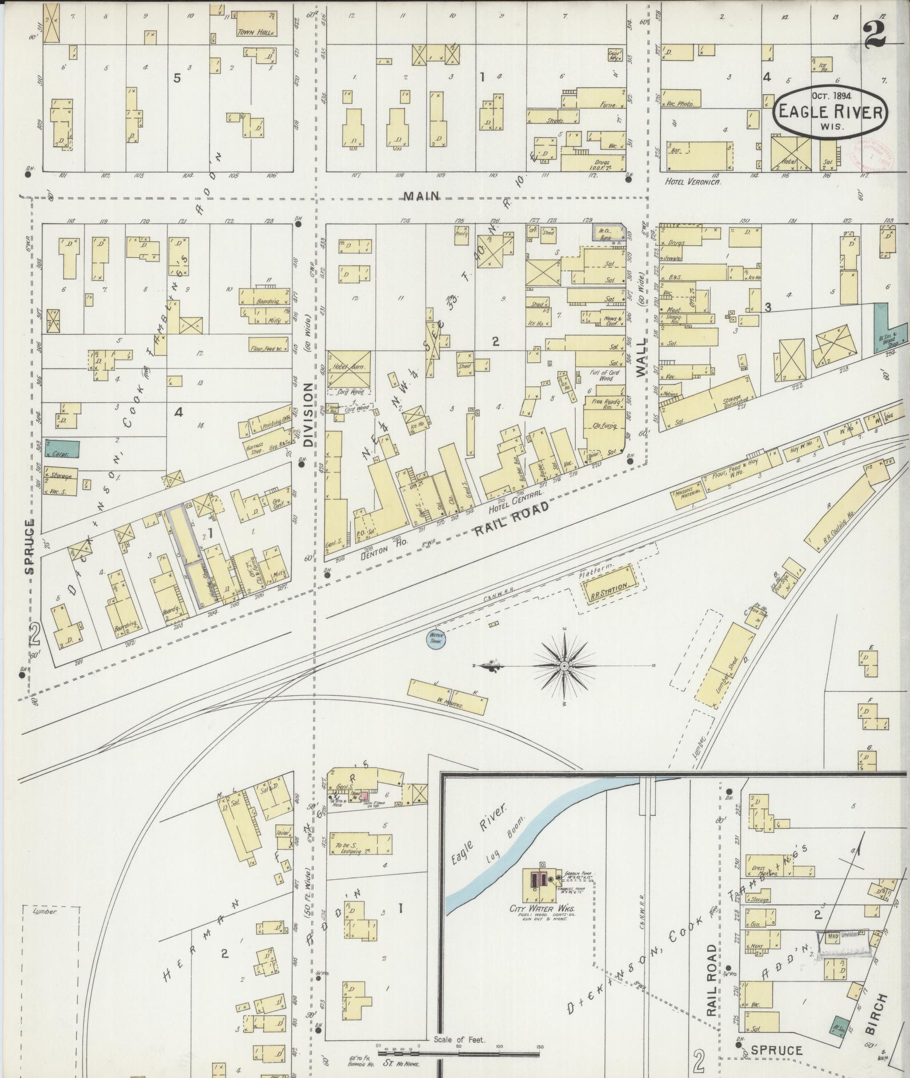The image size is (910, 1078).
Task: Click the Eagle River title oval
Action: pyautogui.click(x=831, y=113)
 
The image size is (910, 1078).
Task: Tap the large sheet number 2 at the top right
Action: pyautogui.click(x=875, y=33)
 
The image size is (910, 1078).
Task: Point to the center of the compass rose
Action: pyautogui.click(x=564, y=667)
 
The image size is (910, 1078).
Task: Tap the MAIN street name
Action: pyautogui.click(x=422, y=196)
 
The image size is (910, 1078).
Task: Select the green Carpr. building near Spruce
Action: pyautogui.click(x=62, y=449)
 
